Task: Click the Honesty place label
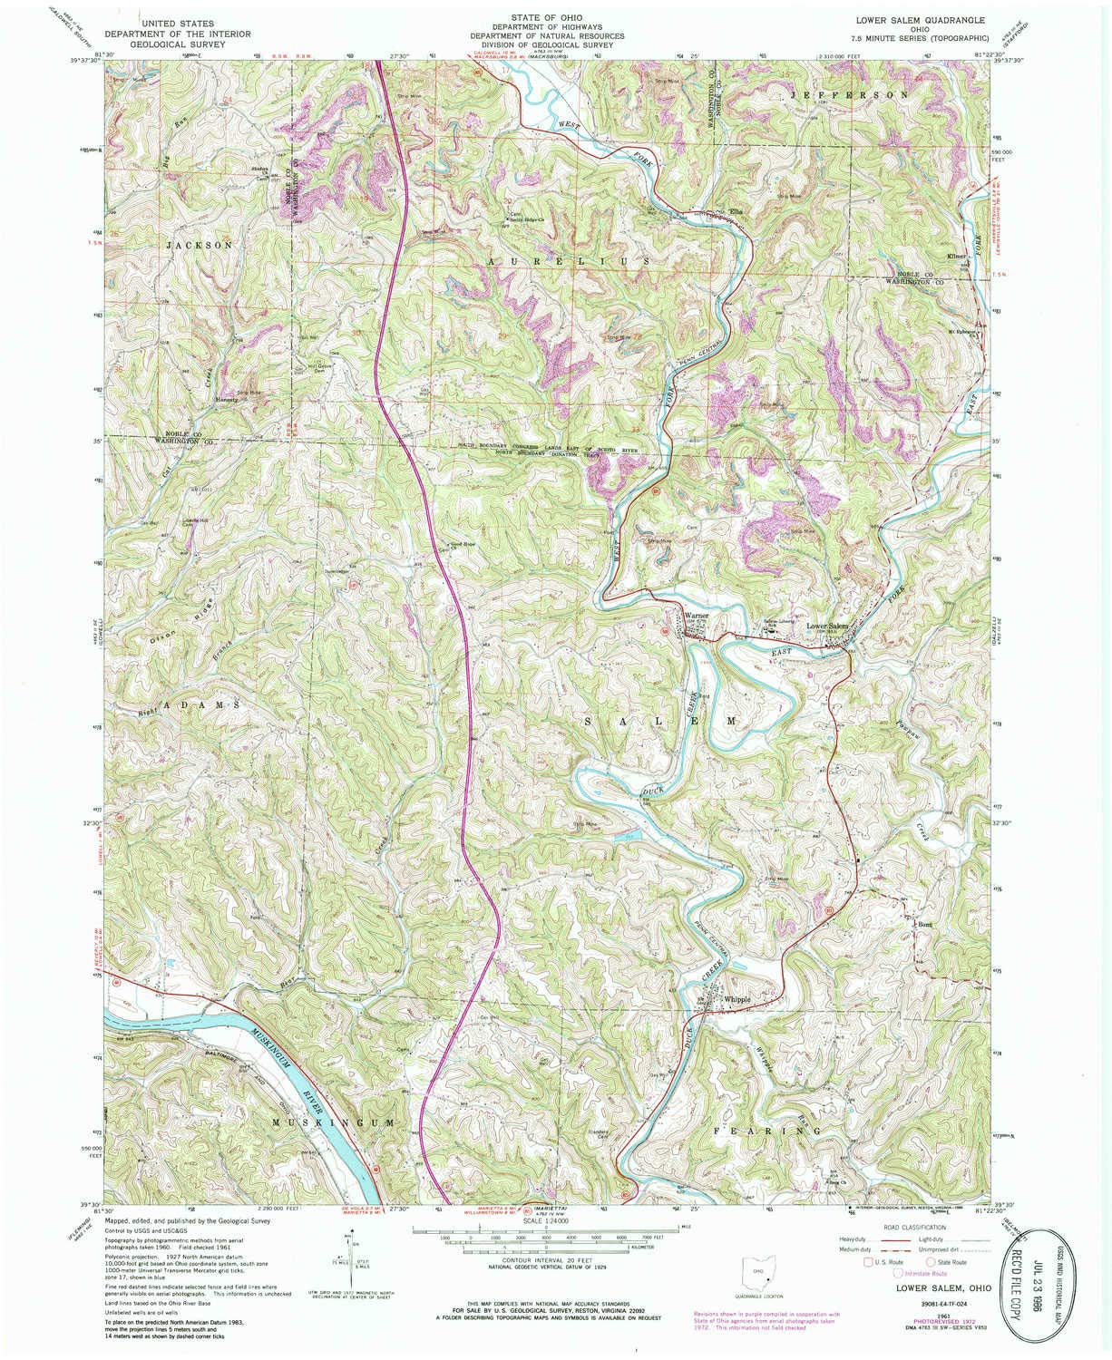coord(225,399)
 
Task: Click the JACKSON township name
coord(200,246)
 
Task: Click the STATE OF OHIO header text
coord(545,17)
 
